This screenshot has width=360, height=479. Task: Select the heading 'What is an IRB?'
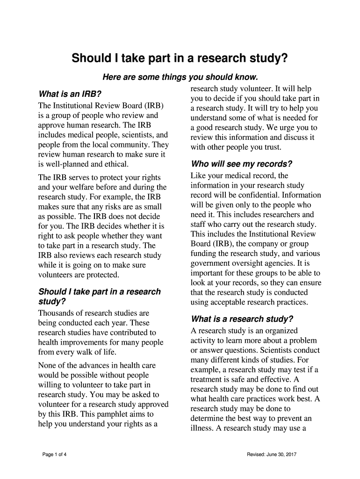(x=70, y=94)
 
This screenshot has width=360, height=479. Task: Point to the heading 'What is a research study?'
(x=242, y=319)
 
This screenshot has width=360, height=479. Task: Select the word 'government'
(x=211, y=263)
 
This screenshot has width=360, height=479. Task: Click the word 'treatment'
(x=209, y=379)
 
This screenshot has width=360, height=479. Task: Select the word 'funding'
(x=204, y=254)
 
